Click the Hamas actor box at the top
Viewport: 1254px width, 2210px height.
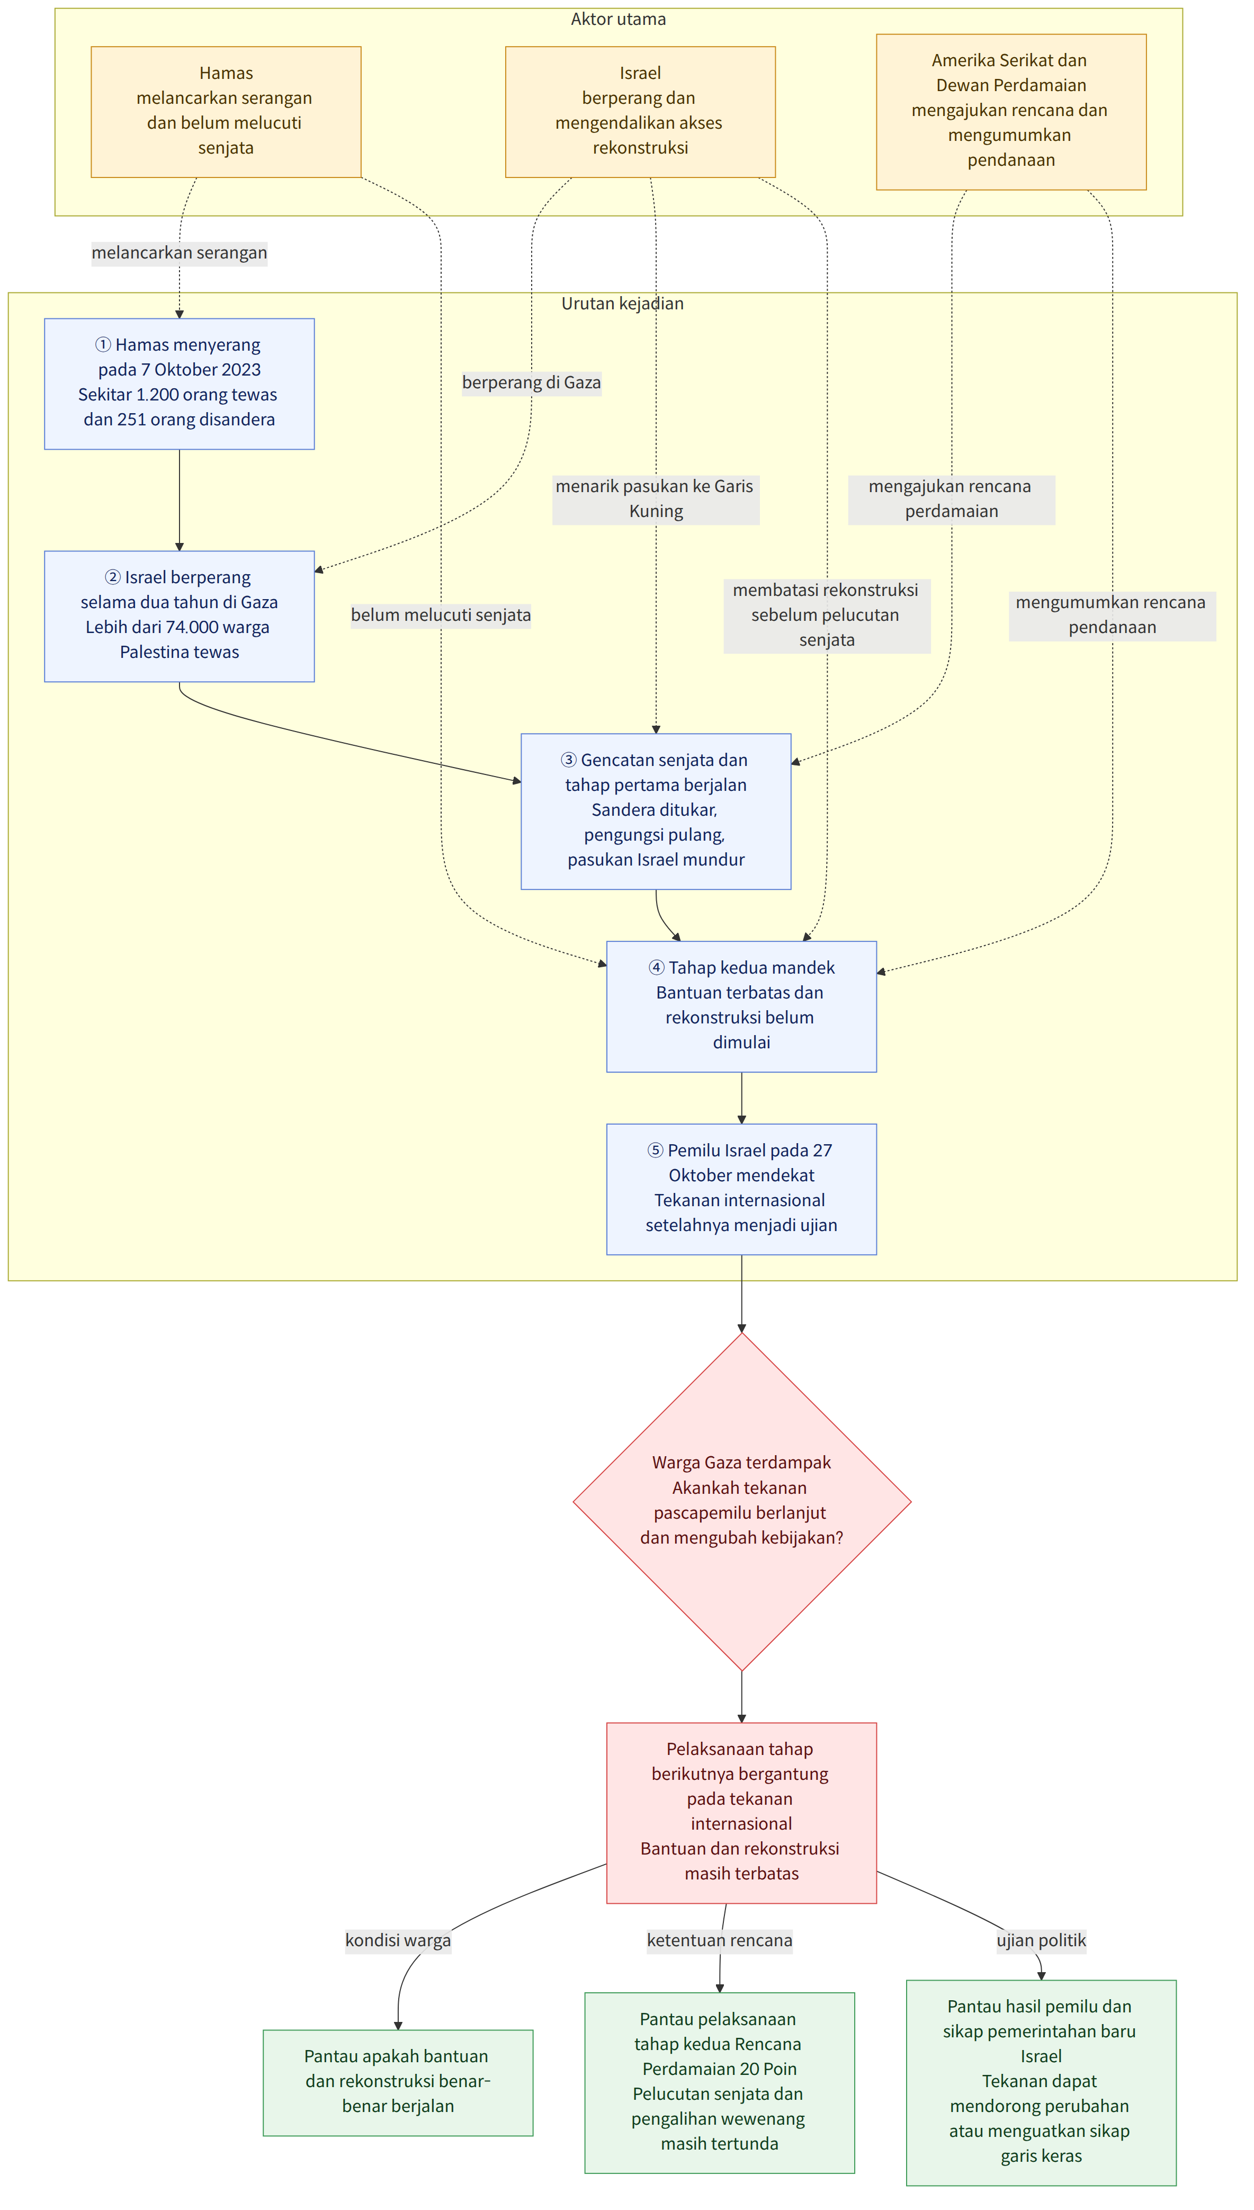226,112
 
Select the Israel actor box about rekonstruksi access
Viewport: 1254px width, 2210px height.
640,112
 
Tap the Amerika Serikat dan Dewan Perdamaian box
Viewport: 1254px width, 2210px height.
1011,112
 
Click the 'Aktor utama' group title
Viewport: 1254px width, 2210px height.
619,19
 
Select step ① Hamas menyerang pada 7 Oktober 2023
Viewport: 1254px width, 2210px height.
179,384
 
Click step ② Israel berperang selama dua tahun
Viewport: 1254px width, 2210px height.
179,617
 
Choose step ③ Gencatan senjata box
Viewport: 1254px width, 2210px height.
656,812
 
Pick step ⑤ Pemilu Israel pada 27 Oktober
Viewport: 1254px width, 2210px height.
741,1189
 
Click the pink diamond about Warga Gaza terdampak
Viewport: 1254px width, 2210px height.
741,1502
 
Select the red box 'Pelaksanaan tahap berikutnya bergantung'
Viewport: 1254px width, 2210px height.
741,1813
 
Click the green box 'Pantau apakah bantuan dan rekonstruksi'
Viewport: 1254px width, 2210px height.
398,2082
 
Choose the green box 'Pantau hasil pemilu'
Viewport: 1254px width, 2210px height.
1041,2082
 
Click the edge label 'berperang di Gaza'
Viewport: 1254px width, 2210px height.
531,382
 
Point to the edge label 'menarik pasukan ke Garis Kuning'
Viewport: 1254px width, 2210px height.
656,498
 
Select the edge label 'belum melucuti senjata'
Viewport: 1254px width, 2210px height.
441,615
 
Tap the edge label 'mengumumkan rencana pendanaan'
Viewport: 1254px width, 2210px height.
1113,615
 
